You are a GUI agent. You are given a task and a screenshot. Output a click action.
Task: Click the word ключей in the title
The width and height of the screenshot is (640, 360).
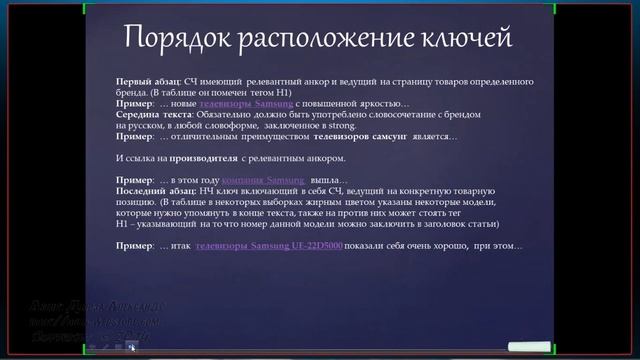pyautogui.click(x=462, y=39)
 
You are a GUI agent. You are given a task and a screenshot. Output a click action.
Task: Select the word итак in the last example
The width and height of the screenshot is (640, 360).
pyautogui.click(x=179, y=246)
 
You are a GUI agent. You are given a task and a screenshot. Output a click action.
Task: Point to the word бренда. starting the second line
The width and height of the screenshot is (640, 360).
pyautogui.click(x=132, y=90)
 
